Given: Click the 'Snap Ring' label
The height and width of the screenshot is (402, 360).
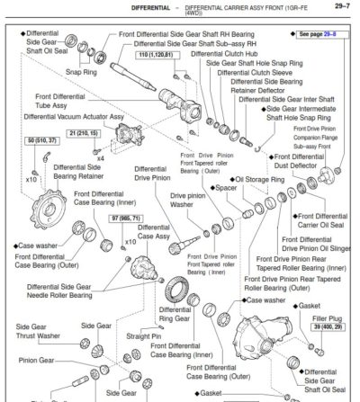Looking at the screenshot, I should point(81,72).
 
